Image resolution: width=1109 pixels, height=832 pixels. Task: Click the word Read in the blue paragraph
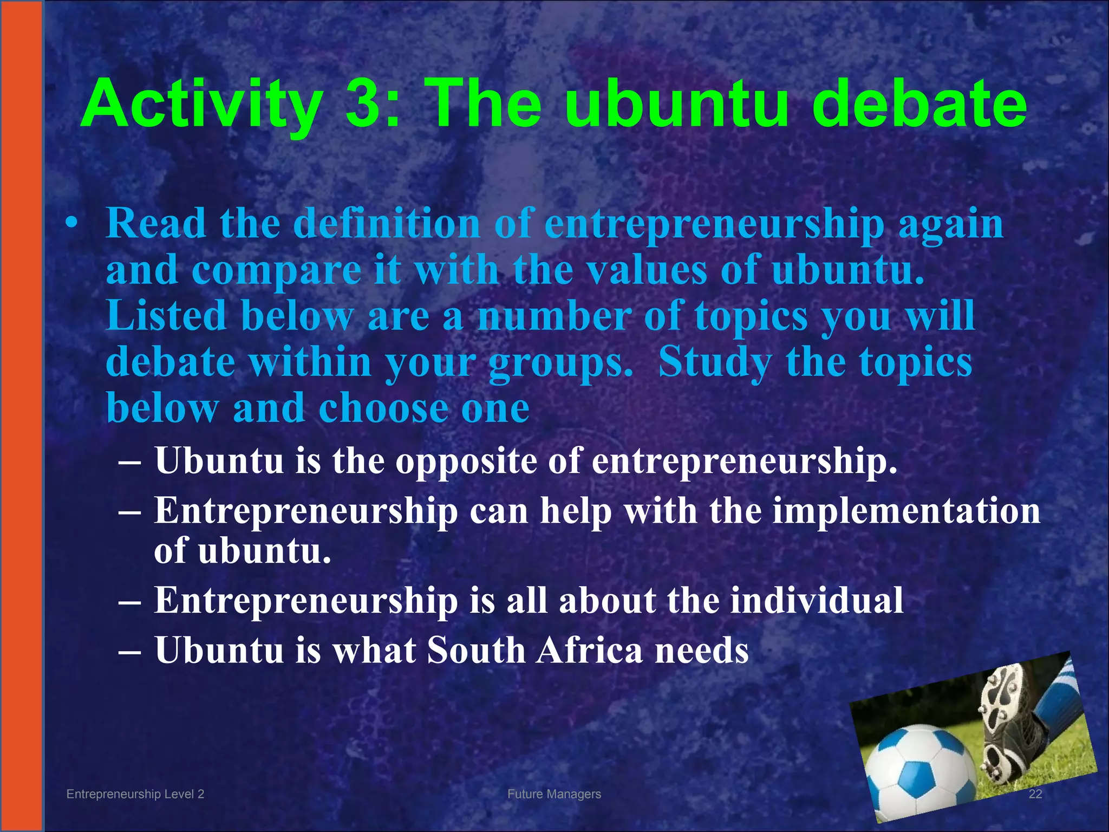tap(156, 223)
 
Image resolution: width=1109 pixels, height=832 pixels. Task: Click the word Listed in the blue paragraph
tap(166, 316)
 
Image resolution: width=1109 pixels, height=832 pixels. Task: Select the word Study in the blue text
tap(715, 362)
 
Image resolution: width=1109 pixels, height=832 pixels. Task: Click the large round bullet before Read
tap(71, 224)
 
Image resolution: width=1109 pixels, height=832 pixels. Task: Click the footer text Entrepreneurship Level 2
tap(135, 794)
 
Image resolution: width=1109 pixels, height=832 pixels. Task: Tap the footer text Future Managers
tap(554, 794)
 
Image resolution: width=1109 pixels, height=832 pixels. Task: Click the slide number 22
tap(1035, 794)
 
